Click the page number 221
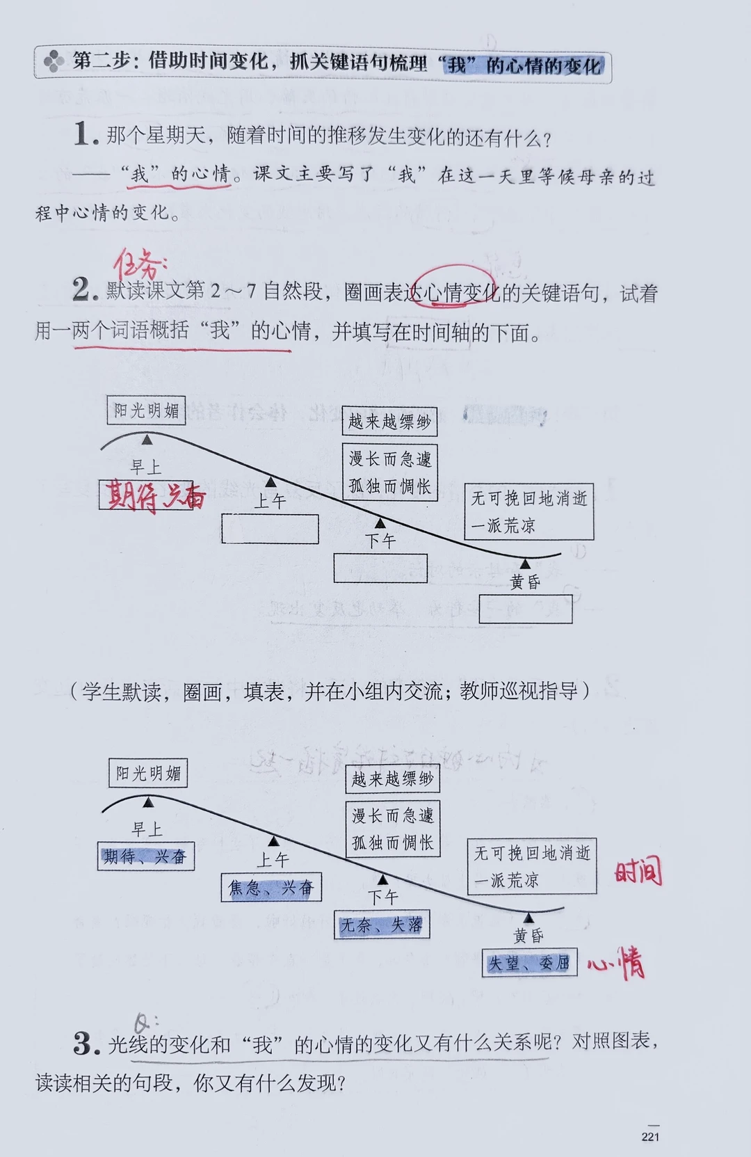[650, 1136]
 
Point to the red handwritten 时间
[638, 872]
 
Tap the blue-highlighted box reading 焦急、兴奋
[271, 888]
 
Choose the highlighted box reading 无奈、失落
[382, 925]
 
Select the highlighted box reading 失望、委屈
[529, 963]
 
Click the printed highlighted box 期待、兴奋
[145, 856]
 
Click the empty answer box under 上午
[270, 529]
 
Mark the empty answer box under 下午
[380, 568]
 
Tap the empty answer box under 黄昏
[526, 609]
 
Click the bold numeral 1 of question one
[84, 134]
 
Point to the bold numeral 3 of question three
[85, 1043]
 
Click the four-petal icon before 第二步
[54, 63]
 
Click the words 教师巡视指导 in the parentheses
[519, 691]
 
